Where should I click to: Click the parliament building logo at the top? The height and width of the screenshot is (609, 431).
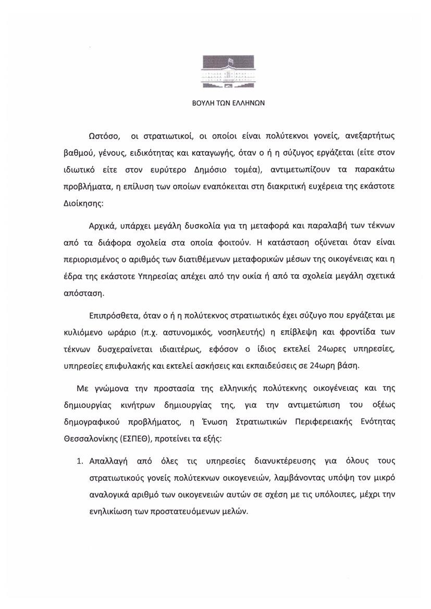(229, 73)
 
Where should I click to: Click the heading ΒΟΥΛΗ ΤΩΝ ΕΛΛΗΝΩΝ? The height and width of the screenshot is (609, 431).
(229, 103)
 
